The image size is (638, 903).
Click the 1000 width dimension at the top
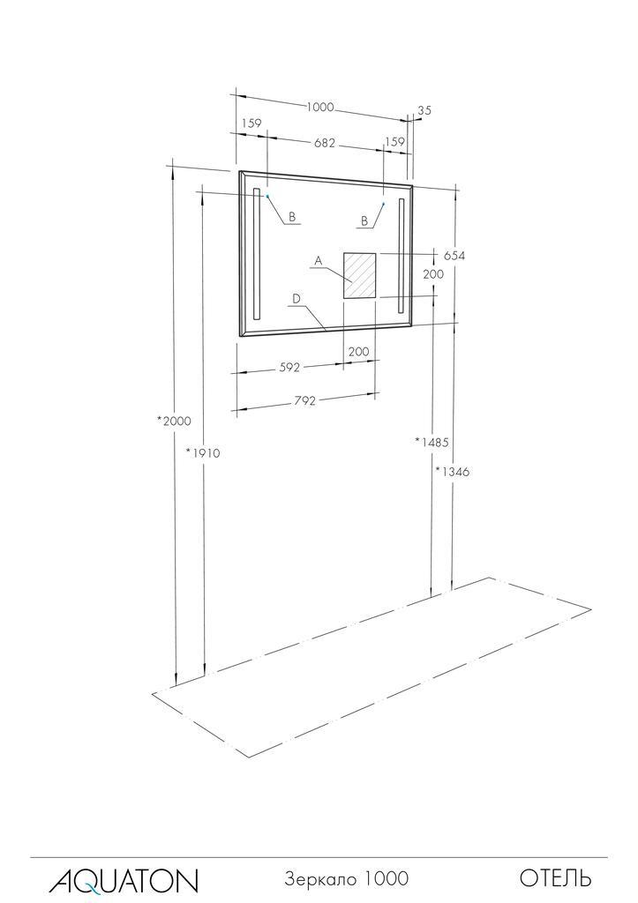pos(319,107)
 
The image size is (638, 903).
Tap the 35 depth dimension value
pos(424,110)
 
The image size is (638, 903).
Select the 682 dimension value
pos(325,143)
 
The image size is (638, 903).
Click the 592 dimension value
pos(290,367)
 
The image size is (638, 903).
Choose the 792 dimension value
pos(304,400)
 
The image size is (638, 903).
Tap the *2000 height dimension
pos(174,421)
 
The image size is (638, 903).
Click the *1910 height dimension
pos(203,453)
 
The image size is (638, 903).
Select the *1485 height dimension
pos(432,442)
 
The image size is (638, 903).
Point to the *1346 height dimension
pos(453,472)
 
